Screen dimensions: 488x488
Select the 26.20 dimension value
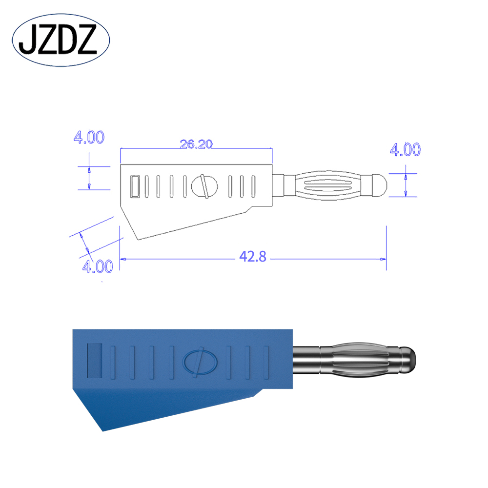[196, 144]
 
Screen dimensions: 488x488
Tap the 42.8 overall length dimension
[253, 257]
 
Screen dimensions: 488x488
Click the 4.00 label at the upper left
[88, 138]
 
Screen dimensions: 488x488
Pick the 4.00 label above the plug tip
[405, 150]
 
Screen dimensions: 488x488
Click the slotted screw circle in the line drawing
[204, 185]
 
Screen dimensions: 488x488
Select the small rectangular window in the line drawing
[135, 186]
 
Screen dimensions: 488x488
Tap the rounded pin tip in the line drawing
[379, 185]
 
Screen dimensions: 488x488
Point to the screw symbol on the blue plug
[197, 363]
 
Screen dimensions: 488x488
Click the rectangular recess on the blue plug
[94, 360]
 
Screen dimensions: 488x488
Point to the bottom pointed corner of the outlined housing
[138, 239]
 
